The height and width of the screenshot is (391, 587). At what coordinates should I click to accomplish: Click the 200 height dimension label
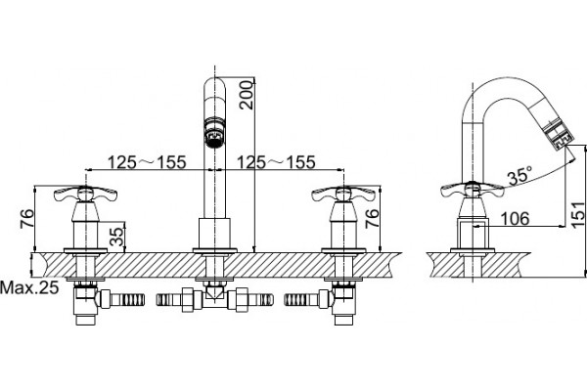coord(248,94)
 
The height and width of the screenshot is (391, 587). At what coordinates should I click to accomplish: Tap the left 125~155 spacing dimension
coord(147,162)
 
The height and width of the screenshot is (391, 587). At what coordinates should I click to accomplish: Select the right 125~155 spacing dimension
coord(276,162)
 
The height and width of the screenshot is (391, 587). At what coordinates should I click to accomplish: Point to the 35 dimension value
coord(117,237)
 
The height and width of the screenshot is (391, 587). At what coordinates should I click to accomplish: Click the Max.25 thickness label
coord(29,287)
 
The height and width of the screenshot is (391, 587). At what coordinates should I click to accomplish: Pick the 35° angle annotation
coord(520,175)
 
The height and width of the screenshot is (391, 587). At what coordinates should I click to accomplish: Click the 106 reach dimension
coord(516,219)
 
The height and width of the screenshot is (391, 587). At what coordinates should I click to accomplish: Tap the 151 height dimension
coord(578,214)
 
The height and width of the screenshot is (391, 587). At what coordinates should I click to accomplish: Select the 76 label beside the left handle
coord(27,219)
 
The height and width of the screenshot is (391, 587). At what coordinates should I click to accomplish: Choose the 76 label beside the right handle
coord(372,219)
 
